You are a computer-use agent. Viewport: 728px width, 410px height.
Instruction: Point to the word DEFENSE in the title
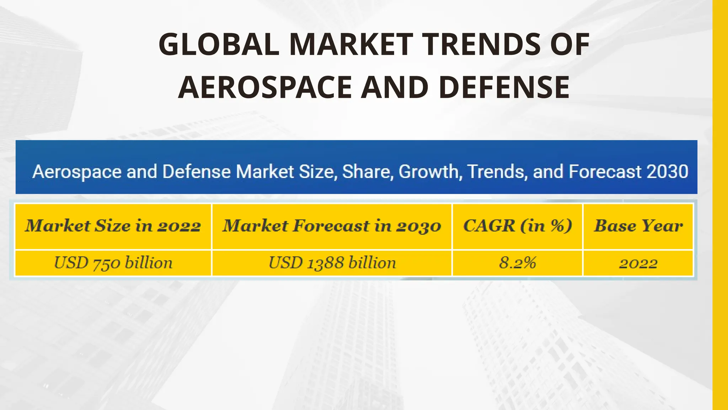(504, 87)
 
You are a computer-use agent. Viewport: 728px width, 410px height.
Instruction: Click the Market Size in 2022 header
(113, 226)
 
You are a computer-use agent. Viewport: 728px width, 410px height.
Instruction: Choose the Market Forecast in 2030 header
(332, 226)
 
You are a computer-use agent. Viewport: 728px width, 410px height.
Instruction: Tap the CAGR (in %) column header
(518, 226)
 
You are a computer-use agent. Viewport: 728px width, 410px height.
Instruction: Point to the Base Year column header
(638, 226)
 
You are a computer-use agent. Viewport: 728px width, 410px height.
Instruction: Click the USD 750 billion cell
(113, 263)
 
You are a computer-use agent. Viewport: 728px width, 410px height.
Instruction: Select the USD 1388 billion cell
(332, 263)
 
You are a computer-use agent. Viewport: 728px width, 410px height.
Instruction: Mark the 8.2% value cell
(518, 263)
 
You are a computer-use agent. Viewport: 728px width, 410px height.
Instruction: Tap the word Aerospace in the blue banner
(77, 172)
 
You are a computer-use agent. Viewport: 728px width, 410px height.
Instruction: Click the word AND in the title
(394, 87)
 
